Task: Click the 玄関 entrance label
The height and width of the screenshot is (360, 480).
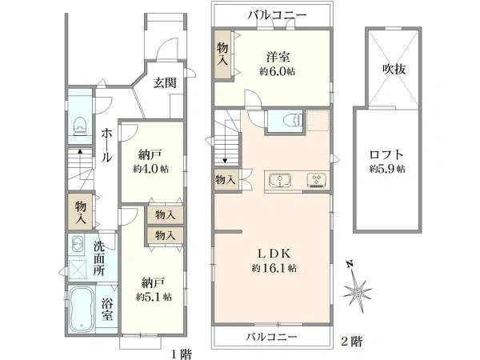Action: click(x=165, y=82)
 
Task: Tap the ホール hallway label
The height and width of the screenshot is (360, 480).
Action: click(x=106, y=146)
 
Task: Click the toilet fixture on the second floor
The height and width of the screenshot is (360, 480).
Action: click(x=286, y=122)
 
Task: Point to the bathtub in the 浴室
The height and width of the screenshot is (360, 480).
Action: click(x=82, y=309)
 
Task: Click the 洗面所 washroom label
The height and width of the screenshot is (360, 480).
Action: click(x=98, y=257)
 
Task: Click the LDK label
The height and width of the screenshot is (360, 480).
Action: click(x=271, y=252)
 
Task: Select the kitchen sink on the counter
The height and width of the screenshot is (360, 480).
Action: click(x=279, y=179)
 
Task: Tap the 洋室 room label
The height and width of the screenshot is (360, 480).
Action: click(x=278, y=57)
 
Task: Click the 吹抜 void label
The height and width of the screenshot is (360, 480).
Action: click(x=394, y=69)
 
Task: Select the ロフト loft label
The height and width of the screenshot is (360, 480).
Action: click(x=387, y=154)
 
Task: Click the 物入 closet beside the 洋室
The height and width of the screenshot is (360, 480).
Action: click(x=223, y=54)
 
